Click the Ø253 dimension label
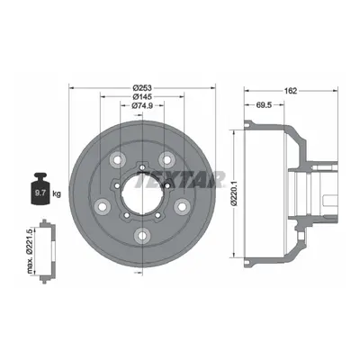142,88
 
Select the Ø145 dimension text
142,96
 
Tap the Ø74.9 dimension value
142,105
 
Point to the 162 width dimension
291,91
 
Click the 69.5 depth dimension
264,104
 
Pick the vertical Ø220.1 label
235,194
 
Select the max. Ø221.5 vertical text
30,251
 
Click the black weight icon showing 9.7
40,189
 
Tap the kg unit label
57,193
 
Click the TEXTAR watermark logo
180,179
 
